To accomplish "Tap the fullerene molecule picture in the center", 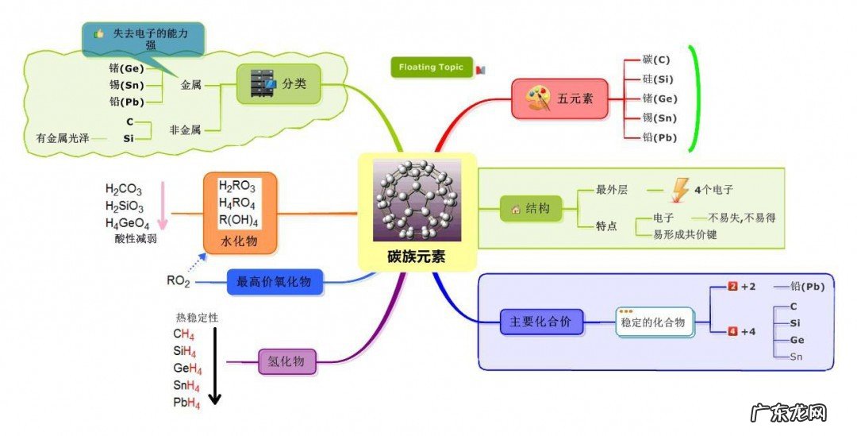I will pyautogui.click(x=417, y=200).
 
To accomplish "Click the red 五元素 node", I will pyautogui.click(x=559, y=99).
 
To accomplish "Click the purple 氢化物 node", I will pyautogui.click(x=286, y=362).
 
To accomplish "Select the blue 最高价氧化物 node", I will pyautogui.click(x=275, y=282).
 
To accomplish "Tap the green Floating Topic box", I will pyautogui.click(x=431, y=68).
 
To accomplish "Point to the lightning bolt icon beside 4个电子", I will pyautogui.click(x=681, y=190).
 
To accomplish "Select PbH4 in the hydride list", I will pyautogui.click(x=186, y=403).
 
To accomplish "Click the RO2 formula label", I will pyautogui.click(x=178, y=280).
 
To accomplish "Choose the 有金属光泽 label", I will pyautogui.click(x=63, y=138).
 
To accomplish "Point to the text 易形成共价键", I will pyautogui.click(x=684, y=234).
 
